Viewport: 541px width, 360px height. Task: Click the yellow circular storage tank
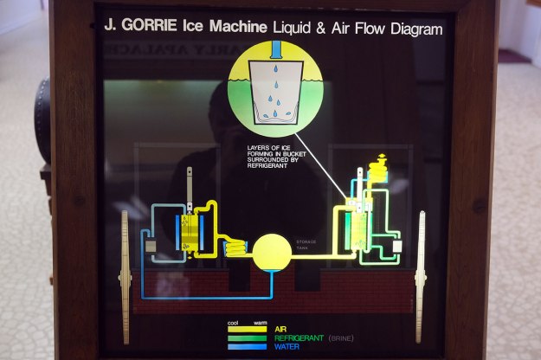tap(272, 251)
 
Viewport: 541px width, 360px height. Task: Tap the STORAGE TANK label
tap(307, 244)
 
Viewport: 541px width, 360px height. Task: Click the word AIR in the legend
tap(280, 330)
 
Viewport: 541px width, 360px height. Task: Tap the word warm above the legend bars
tap(259, 322)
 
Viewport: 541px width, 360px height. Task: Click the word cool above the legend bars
tap(233, 322)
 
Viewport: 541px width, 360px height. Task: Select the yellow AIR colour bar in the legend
tap(247, 330)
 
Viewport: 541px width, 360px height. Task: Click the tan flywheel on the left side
tap(125, 264)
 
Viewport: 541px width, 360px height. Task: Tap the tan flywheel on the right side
tap(421, 264)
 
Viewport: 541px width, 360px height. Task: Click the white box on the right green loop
tap(397, 246)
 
